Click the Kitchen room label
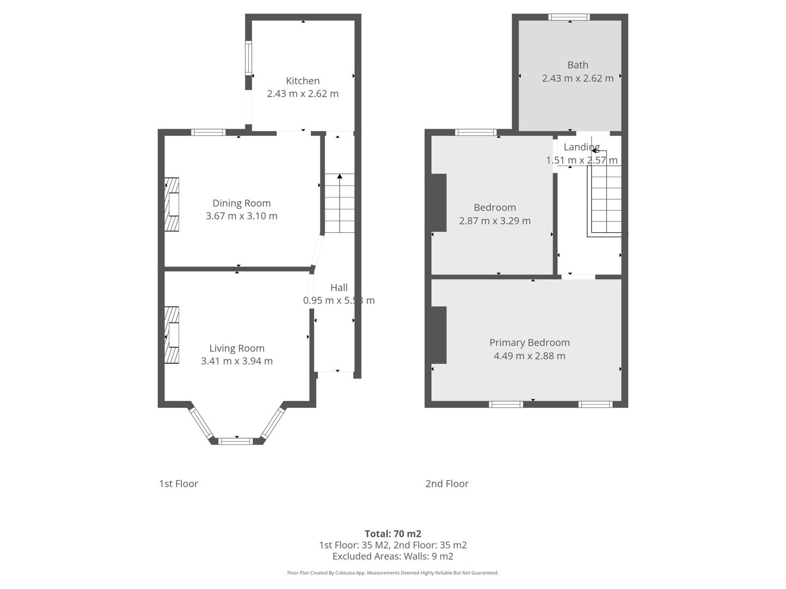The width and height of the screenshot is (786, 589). [x=302, y=81]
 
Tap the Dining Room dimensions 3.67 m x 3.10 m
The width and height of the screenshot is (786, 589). [x=241, y=216]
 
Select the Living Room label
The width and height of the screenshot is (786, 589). [x=237, y=348]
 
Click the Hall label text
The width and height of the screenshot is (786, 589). [x=339, y=287]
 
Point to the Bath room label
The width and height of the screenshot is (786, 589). [x=577, y=65]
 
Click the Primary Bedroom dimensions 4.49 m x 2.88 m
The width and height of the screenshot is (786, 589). [x=529, y=356]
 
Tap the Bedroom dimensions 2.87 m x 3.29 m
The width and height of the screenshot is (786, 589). [x=495, y=221]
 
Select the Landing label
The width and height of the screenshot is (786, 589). [x=581, y=147]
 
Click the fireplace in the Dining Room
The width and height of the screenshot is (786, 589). [x=172, y=205]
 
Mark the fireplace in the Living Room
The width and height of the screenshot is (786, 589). [x=172, y=335]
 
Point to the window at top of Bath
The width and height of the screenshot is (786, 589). [x=569, y=17]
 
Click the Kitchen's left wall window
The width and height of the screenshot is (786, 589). [x=248, y=59]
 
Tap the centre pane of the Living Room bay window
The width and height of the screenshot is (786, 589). [x=236, y=441]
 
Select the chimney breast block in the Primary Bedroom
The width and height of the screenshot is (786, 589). [x=438, y=335]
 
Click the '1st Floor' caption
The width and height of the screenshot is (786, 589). [x=178, y=484]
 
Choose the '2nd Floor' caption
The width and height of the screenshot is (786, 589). [x=447, y=484]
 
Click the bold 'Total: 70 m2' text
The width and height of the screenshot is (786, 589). [x=393, y=534]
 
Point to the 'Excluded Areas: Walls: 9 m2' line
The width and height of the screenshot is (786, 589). [x=393, y=556]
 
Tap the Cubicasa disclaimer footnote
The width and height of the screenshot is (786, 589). [x=393, y=573]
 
